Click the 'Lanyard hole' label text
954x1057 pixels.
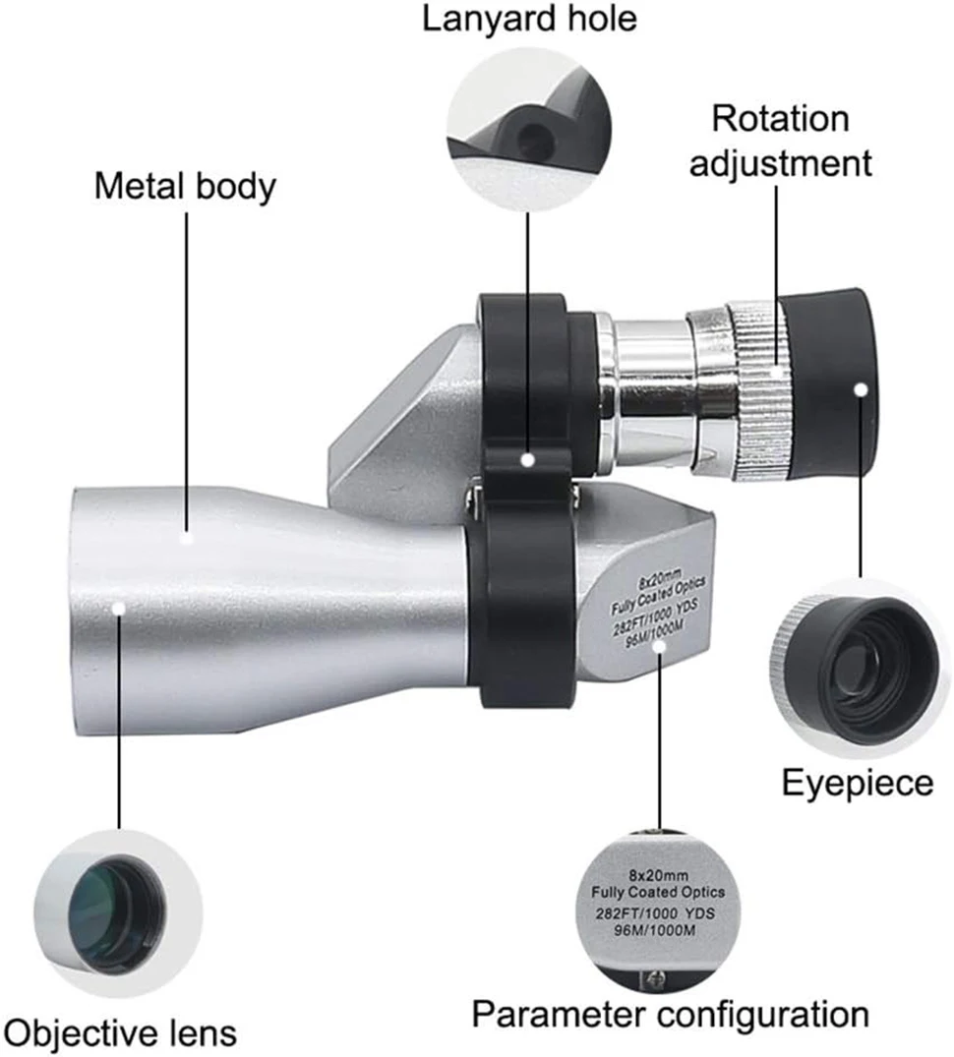(529, 18)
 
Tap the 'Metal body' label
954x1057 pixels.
(185, 186)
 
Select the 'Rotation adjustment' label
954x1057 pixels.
(780, 141)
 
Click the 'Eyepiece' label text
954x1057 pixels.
(857, 783)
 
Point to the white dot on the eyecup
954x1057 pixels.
(861, 390)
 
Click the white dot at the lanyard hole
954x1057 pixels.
(527, 459)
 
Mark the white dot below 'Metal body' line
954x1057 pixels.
(187, 537)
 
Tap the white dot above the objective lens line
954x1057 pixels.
(119, 609)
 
